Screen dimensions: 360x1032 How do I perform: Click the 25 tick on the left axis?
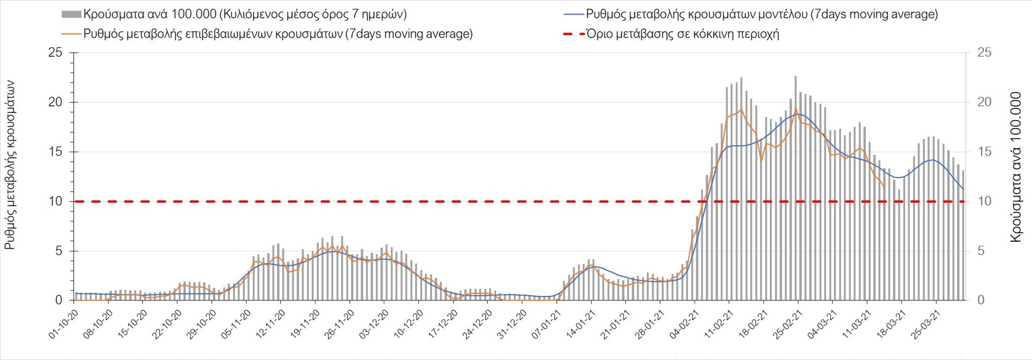click(55, 53)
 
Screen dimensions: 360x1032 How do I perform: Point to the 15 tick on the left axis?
click(55, 152)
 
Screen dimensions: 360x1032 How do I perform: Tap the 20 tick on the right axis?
click(984, 102)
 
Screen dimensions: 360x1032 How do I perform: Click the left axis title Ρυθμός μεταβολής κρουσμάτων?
click(10, 165)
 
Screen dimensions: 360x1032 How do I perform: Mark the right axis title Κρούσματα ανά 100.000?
click(1015, 167)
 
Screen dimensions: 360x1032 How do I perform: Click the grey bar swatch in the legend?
click(71, 14)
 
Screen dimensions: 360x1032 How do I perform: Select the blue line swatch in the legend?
click(574, 15)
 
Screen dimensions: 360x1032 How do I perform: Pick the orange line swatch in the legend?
click(71, 34)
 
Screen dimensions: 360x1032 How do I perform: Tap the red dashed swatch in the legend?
click(574, 34)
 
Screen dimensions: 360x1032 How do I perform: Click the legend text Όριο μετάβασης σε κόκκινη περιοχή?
click(683, 34)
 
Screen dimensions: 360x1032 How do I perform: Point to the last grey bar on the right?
click(963, 235)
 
